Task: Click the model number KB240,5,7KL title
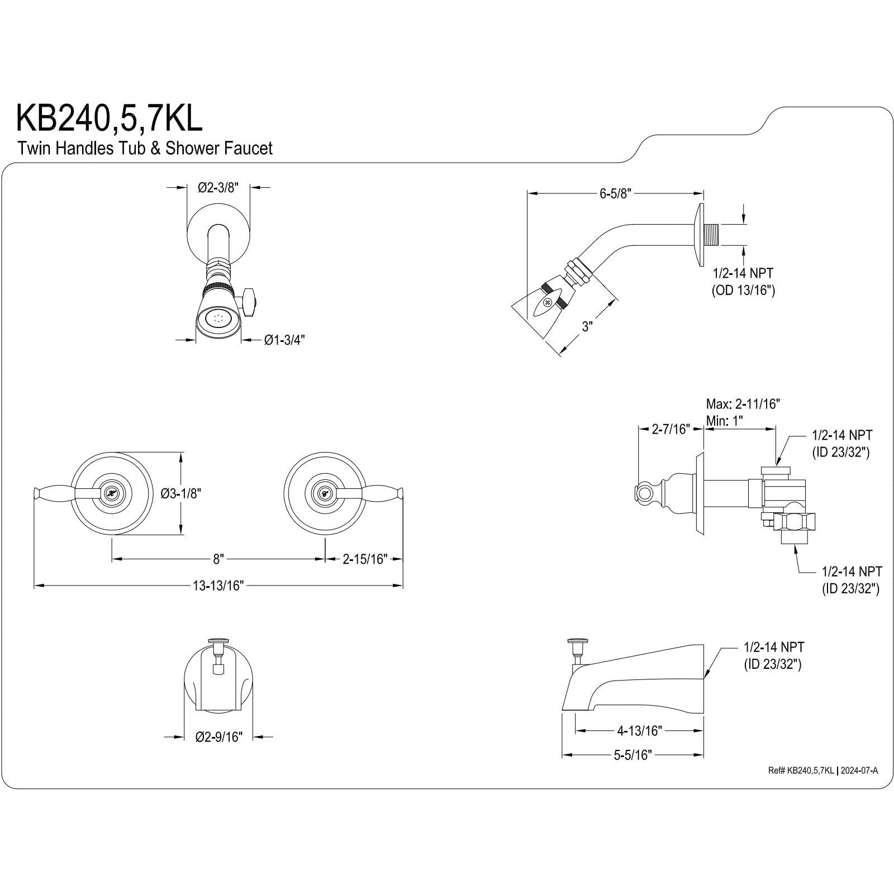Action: pyautogui.click(x=109, y=119)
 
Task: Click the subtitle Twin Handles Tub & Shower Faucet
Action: pyautogui.click(x=145, y=149)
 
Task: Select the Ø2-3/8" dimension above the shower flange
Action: pyautogui.click(x=218, y=188)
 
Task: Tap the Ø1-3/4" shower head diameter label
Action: pyautogui.click(x=284, y=340)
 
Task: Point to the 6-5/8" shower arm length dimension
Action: pyautogui.click(x=615, y=194)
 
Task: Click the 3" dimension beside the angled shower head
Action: pyautogui.click(x=587, y=326)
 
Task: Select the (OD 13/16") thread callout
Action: pyautogui.click(x=743, y=290)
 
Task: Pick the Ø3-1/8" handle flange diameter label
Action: pyautogui.click(x=180, y=493)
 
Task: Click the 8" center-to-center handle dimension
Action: pyautogui.click(x=218, y=559)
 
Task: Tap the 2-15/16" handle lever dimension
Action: pyautogui.click(x=365, y=559)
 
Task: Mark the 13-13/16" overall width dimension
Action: pyautogui.click(x=218, y=586)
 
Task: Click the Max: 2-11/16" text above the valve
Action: pyautogui.click(x=743, y=403)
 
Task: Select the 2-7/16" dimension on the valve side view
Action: pyautogui.click(x=670, y=429)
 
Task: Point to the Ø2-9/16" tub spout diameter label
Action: pyautogui.click(x=218, y=737)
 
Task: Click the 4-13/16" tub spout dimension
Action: pyautogui.click(x=639, y=730)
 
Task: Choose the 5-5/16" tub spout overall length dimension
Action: pyautogui.click(x=633, y=755)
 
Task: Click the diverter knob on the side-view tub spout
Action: pyautogui.click(x=574, y=641)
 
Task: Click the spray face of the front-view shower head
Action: pyautogui.click(x=218, y=320)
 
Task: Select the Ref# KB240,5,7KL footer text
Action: pyautogui.click(x=801, y=771)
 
